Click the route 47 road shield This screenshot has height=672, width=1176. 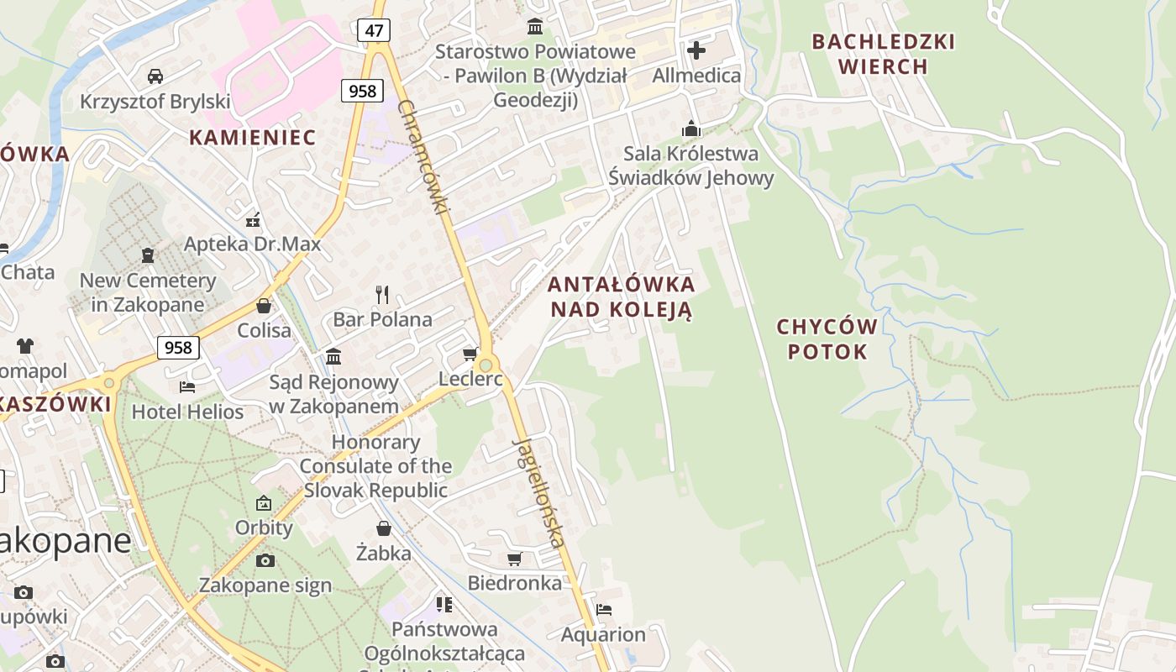374,31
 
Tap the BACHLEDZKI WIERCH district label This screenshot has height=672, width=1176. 883,54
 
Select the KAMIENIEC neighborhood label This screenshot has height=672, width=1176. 252,138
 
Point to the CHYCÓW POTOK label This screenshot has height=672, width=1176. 827,339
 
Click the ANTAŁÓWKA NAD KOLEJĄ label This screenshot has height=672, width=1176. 622,297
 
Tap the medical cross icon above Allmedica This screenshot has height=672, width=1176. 696,50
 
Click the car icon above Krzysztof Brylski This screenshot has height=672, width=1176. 155,76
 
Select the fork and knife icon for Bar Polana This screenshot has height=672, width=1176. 382,294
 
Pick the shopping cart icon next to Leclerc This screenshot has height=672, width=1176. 470,354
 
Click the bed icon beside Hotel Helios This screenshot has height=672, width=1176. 187,386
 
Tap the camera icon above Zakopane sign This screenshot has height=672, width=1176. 265,560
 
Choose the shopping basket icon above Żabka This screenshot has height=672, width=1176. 384,528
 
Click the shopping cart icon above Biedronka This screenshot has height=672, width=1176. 515,559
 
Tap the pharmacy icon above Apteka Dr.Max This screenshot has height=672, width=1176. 253,220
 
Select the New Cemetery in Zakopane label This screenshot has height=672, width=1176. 148,292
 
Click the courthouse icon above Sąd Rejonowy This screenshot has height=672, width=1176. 333,356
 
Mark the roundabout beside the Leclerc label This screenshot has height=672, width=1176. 486,365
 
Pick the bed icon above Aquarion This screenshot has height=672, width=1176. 604,609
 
